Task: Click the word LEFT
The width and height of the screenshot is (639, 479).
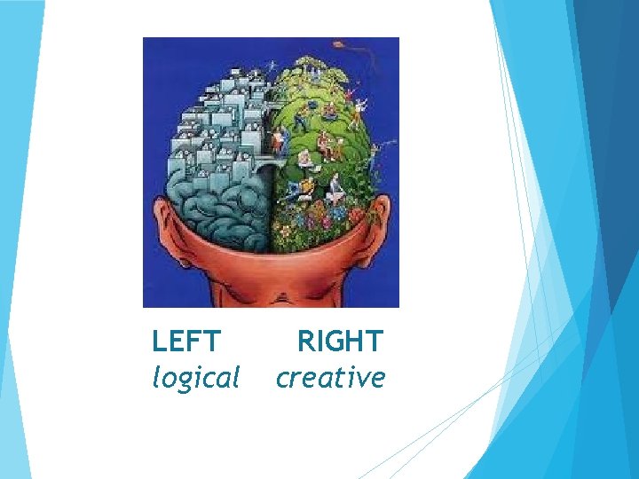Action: [x=186, y=342]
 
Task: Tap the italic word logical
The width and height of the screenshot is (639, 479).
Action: [x=196, y=379]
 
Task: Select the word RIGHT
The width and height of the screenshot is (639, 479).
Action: [x=339, y=342]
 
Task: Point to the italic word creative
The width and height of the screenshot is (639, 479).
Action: [x=330, y=379]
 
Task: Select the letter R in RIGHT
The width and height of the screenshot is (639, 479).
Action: [x=305, y=342]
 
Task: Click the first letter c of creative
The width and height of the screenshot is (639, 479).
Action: [x=283, y=380]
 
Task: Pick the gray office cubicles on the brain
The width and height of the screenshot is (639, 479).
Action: [x=222, y=115]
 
